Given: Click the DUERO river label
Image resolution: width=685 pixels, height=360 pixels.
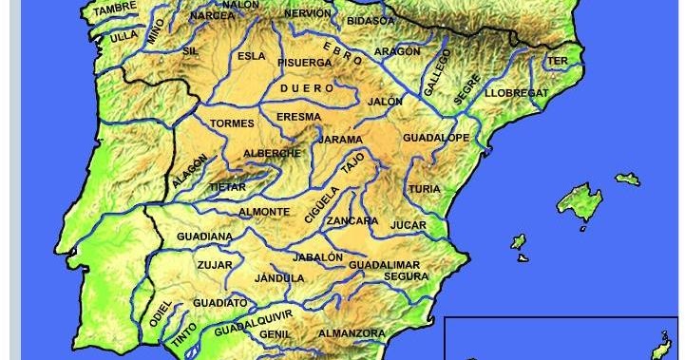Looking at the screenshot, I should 311,87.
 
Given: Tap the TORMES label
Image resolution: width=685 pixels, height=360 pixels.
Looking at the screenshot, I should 232,123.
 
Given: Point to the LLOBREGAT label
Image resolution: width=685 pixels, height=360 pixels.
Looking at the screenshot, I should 517,93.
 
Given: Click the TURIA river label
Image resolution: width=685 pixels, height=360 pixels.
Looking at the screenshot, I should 425,189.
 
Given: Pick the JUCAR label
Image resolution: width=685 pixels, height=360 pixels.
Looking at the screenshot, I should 408,225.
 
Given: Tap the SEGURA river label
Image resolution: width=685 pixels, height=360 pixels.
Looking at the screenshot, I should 407,276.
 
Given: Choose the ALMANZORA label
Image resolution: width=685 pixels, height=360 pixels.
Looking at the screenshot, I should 352,333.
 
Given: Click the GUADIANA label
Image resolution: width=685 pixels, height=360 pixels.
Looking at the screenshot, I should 204,236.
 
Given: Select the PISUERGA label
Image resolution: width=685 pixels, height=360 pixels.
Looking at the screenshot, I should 304,62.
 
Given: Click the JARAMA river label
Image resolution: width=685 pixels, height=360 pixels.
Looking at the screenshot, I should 340,140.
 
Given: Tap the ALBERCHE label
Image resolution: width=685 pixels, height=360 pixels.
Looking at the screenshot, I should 273,153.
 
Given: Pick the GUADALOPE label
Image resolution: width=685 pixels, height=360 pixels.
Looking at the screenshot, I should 436,138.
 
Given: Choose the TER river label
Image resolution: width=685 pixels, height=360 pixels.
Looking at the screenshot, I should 558,61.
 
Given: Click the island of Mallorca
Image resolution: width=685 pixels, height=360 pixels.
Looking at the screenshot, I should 580,200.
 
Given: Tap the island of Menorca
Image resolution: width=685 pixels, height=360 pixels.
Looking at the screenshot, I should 627,178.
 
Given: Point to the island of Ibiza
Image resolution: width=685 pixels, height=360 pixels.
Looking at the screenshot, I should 519,241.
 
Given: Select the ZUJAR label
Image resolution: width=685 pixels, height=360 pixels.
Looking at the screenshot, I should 214,265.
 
